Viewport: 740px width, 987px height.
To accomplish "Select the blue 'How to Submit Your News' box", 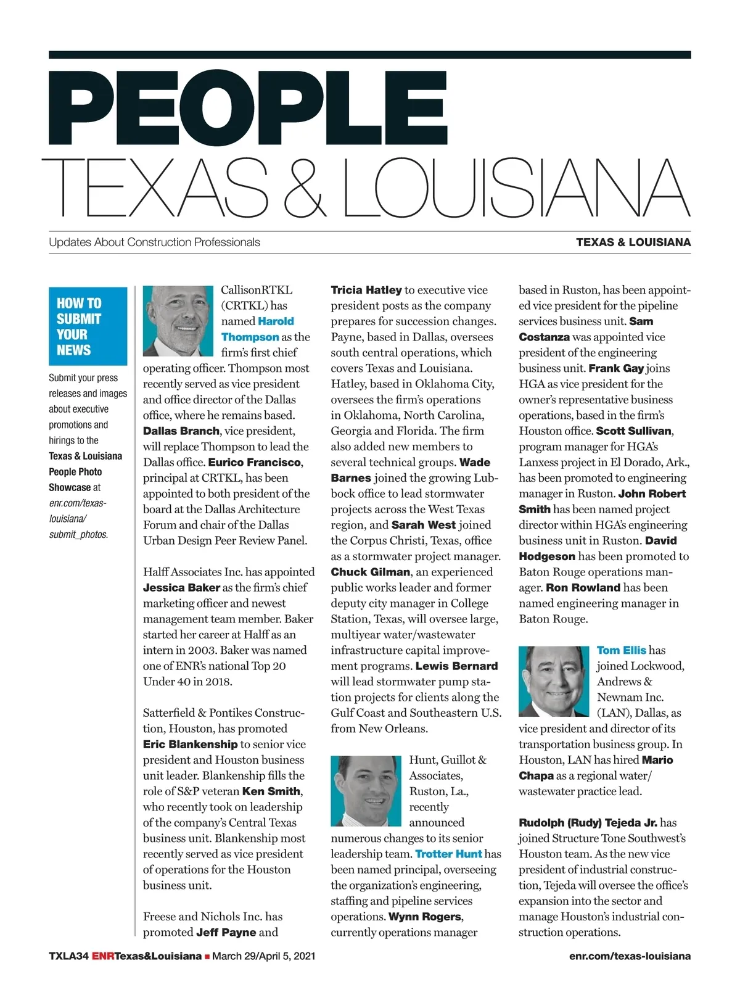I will [88, 326].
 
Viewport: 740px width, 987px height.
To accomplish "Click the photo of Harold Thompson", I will [178, 321].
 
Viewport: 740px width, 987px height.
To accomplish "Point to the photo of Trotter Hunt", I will [366, 791].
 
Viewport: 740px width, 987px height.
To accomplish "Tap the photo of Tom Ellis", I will [554, 681].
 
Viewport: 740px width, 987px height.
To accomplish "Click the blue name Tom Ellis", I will [621, 650].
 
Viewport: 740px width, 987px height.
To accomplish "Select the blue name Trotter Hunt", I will [448, 854].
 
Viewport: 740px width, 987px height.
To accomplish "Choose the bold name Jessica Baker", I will [181, 587].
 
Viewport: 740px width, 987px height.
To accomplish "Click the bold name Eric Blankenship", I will [190, 744].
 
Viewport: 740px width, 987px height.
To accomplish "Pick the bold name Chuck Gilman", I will [370, 572].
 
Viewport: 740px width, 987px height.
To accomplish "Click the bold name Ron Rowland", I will [583, 587].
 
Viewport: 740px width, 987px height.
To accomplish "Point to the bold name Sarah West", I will [423, 525].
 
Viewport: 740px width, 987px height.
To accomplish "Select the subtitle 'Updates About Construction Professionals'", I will [154, 242].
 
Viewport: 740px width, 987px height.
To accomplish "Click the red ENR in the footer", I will [103, 956].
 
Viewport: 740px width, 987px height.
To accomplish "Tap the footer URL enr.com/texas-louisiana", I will [630, 956].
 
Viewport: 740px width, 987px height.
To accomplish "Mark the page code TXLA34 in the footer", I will [69, 956].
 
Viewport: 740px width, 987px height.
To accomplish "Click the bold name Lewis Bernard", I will [456, 666].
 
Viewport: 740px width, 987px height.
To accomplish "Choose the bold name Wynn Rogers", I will [425, 917].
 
